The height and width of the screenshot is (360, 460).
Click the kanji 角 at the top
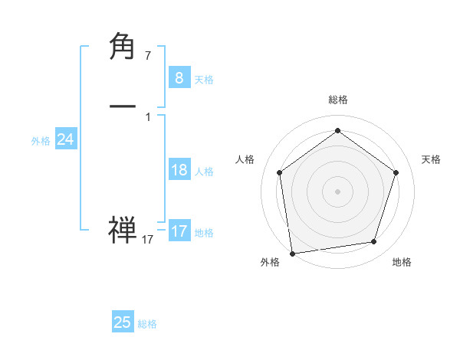point(123,47)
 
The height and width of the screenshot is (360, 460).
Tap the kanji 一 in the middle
point(123,106)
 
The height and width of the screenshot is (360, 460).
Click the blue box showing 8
point(179,77)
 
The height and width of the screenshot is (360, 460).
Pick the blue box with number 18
point(179,170)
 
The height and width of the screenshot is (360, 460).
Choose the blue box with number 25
point(123,322)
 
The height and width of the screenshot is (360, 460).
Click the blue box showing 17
point(179,231)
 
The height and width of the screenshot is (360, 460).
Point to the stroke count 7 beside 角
point(148,56)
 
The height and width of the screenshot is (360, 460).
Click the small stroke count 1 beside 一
point(148,117)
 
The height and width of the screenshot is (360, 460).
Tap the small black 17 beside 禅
point(148,240)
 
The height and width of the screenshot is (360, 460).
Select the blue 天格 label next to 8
point(204,80)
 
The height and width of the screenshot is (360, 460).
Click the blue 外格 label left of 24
point(41,141)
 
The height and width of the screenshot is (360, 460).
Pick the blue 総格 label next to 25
point(148,325)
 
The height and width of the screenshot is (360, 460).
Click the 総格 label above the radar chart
point(337,100)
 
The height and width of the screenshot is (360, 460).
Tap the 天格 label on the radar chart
point(431,159)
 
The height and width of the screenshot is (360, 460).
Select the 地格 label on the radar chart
point(402,262)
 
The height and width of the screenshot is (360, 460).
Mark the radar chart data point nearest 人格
point(279,172)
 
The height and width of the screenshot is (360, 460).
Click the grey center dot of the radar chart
point(337,191)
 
